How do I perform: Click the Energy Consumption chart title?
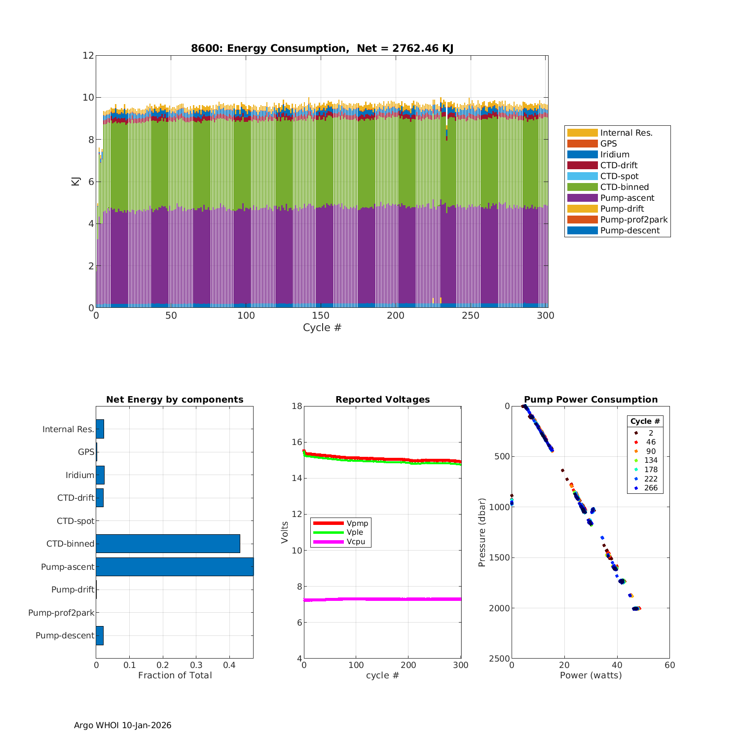tap(322, 48)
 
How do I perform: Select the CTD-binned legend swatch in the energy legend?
tap(582, 187)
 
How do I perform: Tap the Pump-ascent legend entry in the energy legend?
tap(627, 198)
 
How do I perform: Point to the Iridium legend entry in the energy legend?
tap(615, 154)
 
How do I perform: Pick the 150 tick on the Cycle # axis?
tap(321, 316)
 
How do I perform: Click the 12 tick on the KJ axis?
tap(88, 55)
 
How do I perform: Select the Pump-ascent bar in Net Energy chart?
tap(175, 567)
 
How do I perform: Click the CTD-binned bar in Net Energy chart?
tap(168, 544)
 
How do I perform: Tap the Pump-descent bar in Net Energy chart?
tap(100, 635)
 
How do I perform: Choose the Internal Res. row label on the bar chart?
tap(68, 429)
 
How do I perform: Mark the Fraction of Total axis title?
tap(175, 675)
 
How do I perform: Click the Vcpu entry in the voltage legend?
tap(356, 542)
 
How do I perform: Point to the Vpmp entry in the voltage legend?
tap(357, 523)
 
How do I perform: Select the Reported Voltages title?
tap(382, 400)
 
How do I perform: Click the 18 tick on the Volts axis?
tap(296, 406)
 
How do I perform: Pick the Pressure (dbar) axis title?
tap(482, 532)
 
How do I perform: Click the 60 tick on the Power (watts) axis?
tap(669, 665)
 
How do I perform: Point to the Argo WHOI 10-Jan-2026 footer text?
tap(123, 725)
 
